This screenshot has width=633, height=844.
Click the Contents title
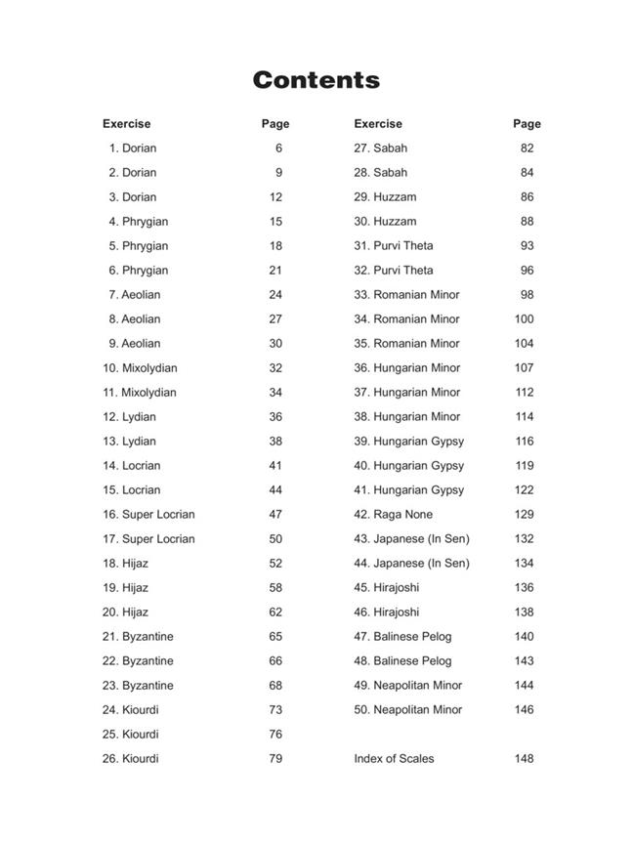pyautogui.click(x=316, y=80)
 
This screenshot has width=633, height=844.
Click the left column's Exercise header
pyautogui.click(x=126, y=124)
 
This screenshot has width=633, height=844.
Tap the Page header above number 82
pyautogui.click(x=527, y=124)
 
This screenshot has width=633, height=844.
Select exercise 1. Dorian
pyautogui.click(x=133, y=148)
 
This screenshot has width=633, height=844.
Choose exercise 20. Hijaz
pyautogui.click(x=125, y=612)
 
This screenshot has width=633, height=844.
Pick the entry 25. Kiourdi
pyautogui.click(x=130, y=735)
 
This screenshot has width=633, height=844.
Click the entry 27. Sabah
pyautogui.click(x=381, y=148)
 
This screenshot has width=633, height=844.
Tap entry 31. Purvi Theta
pyautogui.click(x=394, y=246)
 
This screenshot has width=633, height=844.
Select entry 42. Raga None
pyautogui.click(x=394, y=515)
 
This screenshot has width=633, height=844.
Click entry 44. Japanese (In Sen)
pyautogui.click(x=411, y=564)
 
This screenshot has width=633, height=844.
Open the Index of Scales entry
pyautogui.click(x=394, y=759)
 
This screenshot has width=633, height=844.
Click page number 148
pyautogui.click(x=525, y=759)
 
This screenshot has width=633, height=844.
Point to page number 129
pyautogui.click(x=525, y=515)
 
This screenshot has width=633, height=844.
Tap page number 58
pyautogui.click(x=275, y=588)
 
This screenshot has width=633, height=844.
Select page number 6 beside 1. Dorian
pyautogui.click(x=278, y=148)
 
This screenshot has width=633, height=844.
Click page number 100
pyautogui.click(x=525, y=319)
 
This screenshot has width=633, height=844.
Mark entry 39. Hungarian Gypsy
pyautogui.click(x=409, y=442)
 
